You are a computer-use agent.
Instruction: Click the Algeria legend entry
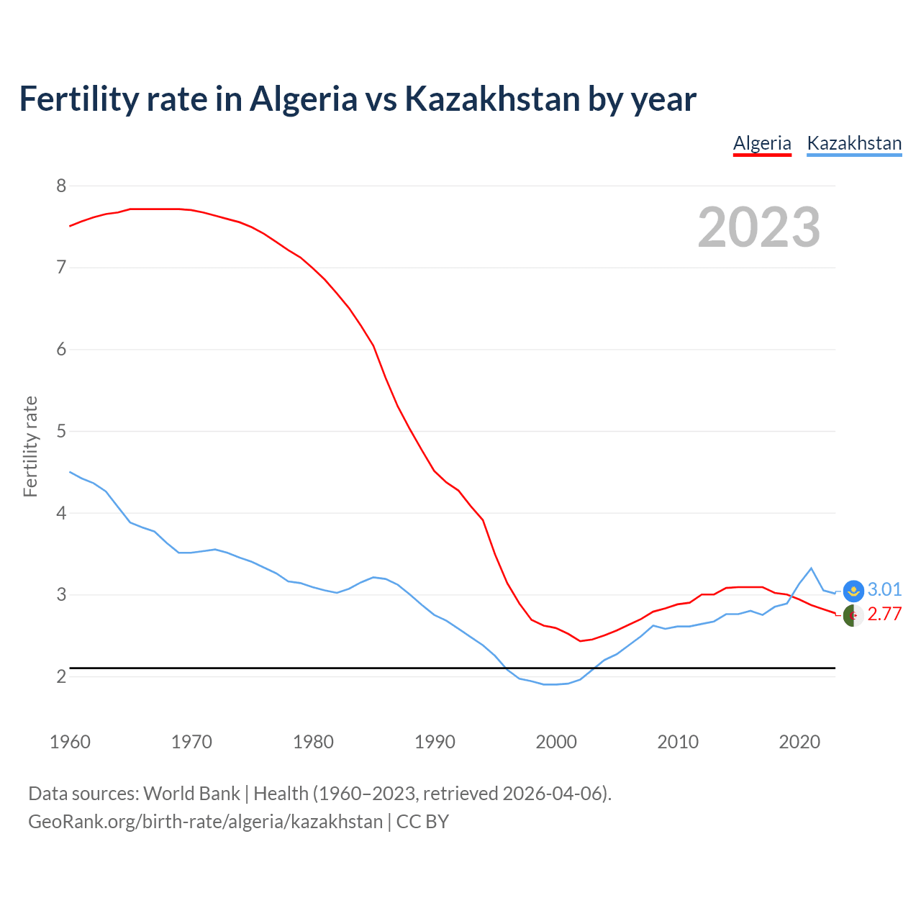pos(762,143)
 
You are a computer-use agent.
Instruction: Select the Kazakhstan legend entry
pos(854,143)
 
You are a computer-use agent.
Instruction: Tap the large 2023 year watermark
pos(759,227)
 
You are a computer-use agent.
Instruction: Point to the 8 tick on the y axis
pos(61,186)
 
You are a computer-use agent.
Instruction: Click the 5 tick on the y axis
pos(61,432)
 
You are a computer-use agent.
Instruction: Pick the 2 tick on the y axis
pos(61,677)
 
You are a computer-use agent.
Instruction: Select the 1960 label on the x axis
pos(70,742)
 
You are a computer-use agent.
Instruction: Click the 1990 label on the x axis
pos(435,742)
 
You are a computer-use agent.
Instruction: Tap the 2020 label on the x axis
pos(799,742)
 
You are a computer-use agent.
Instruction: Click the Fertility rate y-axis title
pos(30,446)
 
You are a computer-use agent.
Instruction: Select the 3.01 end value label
pos(884,590)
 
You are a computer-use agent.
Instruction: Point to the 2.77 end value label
pos(884,614)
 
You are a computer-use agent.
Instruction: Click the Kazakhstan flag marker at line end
pos(853,591)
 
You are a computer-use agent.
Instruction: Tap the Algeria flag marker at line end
pos(853,615)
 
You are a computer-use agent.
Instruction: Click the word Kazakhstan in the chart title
pos(492,99)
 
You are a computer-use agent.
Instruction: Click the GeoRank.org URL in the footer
pos(205,822)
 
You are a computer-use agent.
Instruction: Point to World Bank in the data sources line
pos(191,794)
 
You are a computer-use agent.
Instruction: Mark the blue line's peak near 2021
pos(812,568)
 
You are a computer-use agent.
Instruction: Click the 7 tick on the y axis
pos(61,268)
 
